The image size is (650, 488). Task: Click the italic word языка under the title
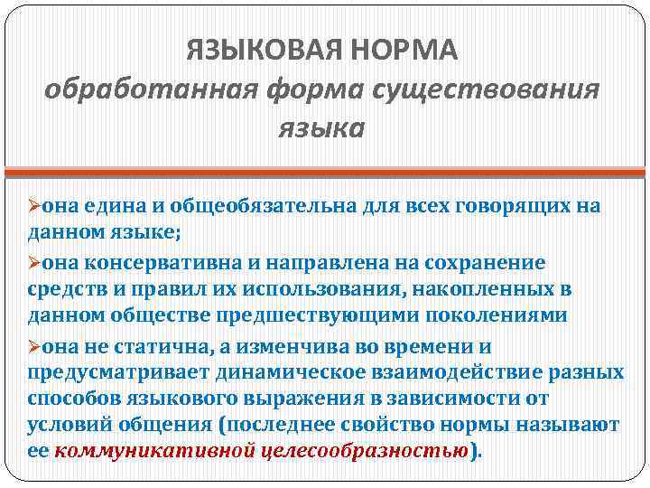pyautogui.click(x=321, y=129)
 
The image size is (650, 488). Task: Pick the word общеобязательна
pyautogui.click(x=239, y=206)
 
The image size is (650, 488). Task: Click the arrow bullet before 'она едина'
pyautogui.click(x=34, y=206)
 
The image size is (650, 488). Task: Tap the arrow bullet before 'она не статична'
pyautogui.click(x=34, y=346)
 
